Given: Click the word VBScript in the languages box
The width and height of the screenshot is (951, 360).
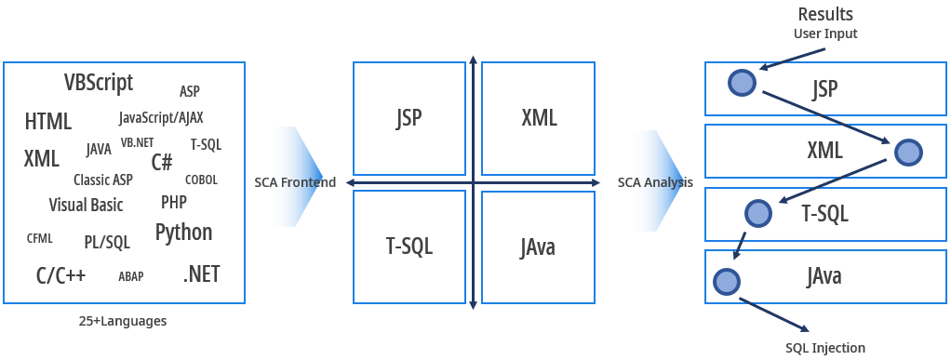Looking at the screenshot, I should point(99,83).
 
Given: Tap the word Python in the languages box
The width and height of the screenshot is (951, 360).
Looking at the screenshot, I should point(183,232).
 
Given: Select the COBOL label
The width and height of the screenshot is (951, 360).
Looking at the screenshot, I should point(201,180).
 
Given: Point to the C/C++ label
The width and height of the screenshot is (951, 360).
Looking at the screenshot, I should point(61,275).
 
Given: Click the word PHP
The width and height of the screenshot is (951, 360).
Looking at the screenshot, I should point(174,202).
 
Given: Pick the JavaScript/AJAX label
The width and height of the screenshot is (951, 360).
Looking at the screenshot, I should point(161,118).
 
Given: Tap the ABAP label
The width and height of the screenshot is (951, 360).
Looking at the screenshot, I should point(130,276).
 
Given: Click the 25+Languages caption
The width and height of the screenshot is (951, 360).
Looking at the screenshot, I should point(123,321).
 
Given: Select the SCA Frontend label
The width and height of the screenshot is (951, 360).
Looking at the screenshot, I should point(295,182).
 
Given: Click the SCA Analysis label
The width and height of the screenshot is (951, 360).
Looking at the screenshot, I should point(655,182).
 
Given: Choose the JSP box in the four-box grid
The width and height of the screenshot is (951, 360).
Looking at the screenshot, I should point(409,117).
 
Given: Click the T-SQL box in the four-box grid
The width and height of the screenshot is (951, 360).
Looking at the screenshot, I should point(409,247).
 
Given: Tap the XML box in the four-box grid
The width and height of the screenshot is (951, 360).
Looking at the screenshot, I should point(539,117).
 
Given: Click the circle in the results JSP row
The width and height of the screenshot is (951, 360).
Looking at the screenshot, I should point(741,83).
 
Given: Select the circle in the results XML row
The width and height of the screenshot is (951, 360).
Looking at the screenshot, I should point(907,153).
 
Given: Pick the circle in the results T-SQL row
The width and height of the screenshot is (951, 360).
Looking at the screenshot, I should point(757,213).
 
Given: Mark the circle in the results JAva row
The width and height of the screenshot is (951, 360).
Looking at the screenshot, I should point(726,280).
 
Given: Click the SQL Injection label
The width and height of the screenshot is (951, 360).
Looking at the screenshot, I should point(824,348).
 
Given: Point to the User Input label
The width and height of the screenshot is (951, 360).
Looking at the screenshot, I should point(825,33).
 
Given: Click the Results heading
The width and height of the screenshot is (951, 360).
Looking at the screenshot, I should point(825,14).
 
